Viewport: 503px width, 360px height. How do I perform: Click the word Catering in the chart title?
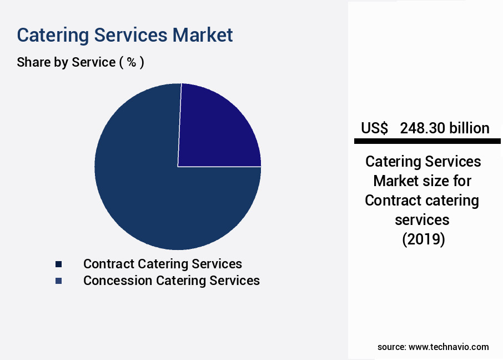point(53,36)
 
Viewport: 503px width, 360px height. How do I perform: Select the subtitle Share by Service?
point(66,62)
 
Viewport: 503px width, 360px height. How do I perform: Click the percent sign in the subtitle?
point(132,62)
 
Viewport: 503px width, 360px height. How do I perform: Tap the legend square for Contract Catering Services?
point(58,264)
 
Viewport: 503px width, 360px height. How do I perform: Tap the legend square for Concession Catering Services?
point(58,281)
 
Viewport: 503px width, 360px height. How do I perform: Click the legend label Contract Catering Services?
point(163,264)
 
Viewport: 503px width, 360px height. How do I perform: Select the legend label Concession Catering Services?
point(172,281)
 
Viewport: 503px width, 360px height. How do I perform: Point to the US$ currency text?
point(374,128)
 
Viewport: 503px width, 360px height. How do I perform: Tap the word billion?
point(469,128)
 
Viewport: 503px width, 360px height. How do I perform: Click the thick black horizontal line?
point(427,141)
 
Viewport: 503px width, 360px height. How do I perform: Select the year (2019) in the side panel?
point(424,239)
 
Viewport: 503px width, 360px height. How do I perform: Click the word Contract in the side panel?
point(390,201)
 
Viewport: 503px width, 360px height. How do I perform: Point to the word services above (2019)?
point(422,220)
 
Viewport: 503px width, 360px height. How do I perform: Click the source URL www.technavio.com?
point(449,347)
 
